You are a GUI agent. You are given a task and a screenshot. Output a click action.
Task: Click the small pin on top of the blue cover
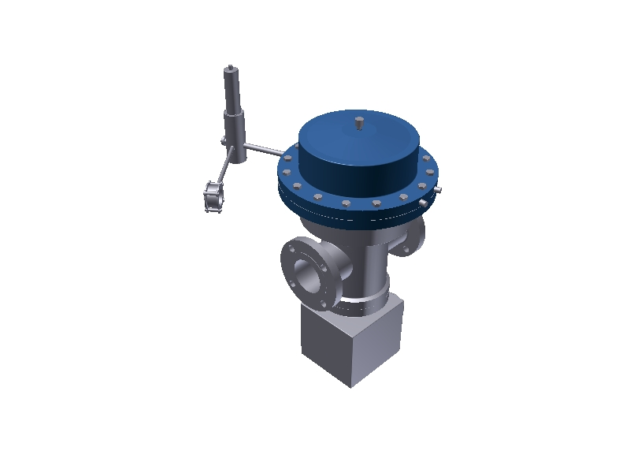(358, 124)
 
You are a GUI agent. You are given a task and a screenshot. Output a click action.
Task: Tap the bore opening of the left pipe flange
(305, 274)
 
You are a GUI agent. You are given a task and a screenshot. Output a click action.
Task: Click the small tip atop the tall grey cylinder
(229, 68)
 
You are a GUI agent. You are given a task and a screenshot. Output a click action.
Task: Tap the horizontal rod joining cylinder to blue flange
(268, 150)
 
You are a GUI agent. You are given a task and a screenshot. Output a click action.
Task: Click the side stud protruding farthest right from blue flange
(443, 192)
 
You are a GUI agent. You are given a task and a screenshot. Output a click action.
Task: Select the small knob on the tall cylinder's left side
(224, 141)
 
